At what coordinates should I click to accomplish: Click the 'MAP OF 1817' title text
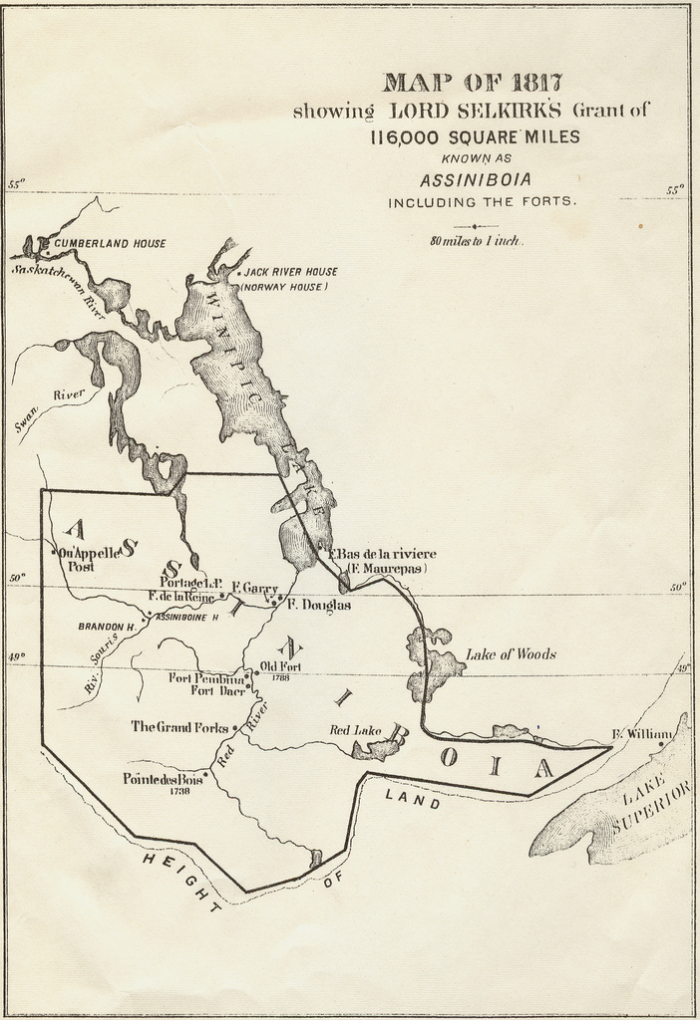pos(473,83)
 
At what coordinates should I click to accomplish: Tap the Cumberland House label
pos(110,243)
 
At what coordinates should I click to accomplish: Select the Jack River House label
pos(290,271)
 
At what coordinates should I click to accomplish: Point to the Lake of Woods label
pos(511,654)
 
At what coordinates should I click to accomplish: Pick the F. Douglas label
pos(318,604)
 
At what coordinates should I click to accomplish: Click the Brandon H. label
pos(106,627)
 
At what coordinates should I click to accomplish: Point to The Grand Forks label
pos(179,726)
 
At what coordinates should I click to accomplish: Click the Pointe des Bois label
pos(163,779)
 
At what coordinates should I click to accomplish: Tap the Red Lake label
pos(355,730)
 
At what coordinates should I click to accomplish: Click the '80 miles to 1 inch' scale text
pos(477,241)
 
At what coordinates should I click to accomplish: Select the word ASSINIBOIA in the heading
pos(475,180)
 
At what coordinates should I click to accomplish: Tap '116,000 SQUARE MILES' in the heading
pos(474,137)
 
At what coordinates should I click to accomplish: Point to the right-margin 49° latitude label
pos(681,668)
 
